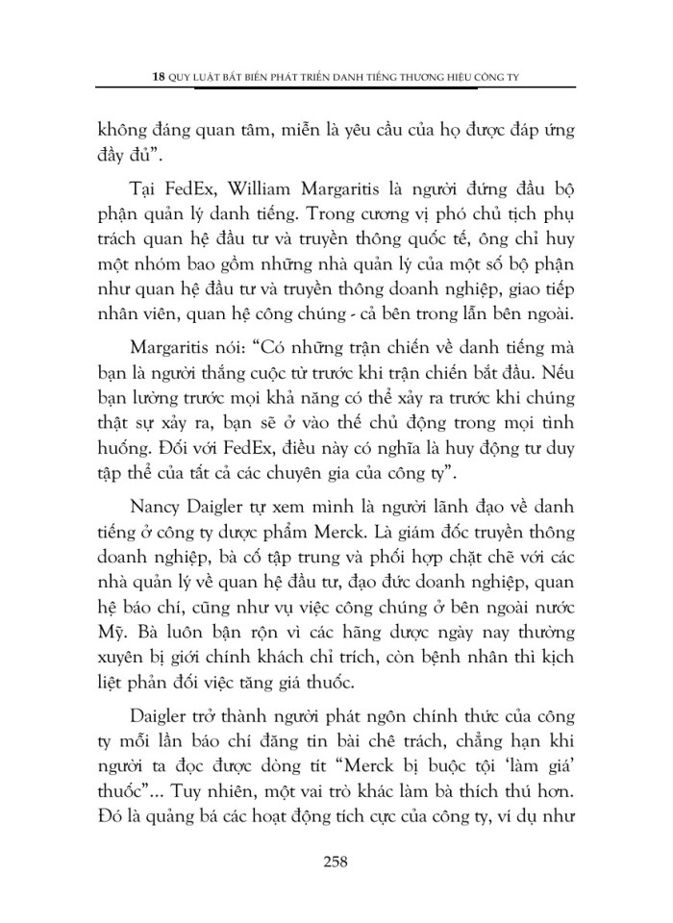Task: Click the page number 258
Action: pyautogui.click(x=336, y=861)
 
